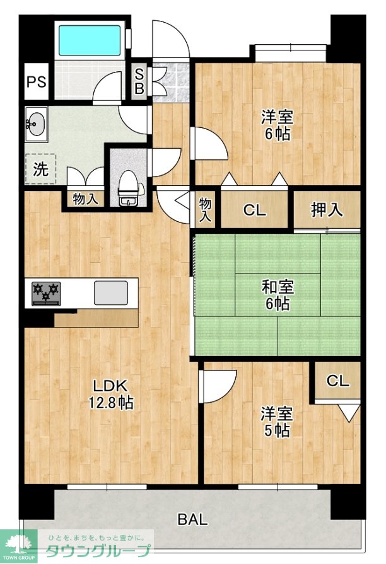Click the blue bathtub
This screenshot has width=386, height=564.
[x=90, y=40]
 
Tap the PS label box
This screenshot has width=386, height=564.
[x=37, y=81]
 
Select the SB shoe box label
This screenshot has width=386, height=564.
[x=139, y=81]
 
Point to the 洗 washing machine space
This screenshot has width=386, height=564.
[x=40, y=169]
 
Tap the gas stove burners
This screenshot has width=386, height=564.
[x=47, y=293]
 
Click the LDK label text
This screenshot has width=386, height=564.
[x=110, y=386]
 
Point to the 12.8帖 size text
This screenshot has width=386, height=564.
[x=111, y=403]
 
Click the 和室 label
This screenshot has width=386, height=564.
[x=278, y=287]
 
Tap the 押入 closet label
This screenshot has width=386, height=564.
[x=327, y=210]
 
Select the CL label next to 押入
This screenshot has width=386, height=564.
[x=254, y=210]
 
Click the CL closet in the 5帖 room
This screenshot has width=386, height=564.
[x=338, y=380]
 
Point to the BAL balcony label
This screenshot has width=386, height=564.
[x=192, y=519]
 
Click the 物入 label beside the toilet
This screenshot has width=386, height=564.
[x=85, y=199]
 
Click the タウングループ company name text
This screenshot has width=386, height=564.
[x=98, y=551]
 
